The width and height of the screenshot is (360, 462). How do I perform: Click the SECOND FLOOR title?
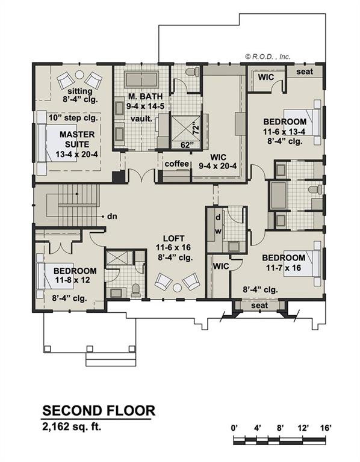click(x=99, y=411)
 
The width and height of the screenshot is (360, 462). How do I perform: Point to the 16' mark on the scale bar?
click(x=326, y=428)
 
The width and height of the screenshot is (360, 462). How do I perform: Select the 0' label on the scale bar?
click(x=235, y=428)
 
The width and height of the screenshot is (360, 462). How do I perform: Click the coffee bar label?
click(x=177, y=164)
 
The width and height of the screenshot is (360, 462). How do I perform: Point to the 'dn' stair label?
click(x=111, y=215)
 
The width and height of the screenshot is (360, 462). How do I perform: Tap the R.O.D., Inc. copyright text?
click(x=267, y=56)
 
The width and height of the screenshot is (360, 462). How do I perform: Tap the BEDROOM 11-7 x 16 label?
click(x=283, y=262)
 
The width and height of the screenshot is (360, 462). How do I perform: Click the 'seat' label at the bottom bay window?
click(x=259, y=306)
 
